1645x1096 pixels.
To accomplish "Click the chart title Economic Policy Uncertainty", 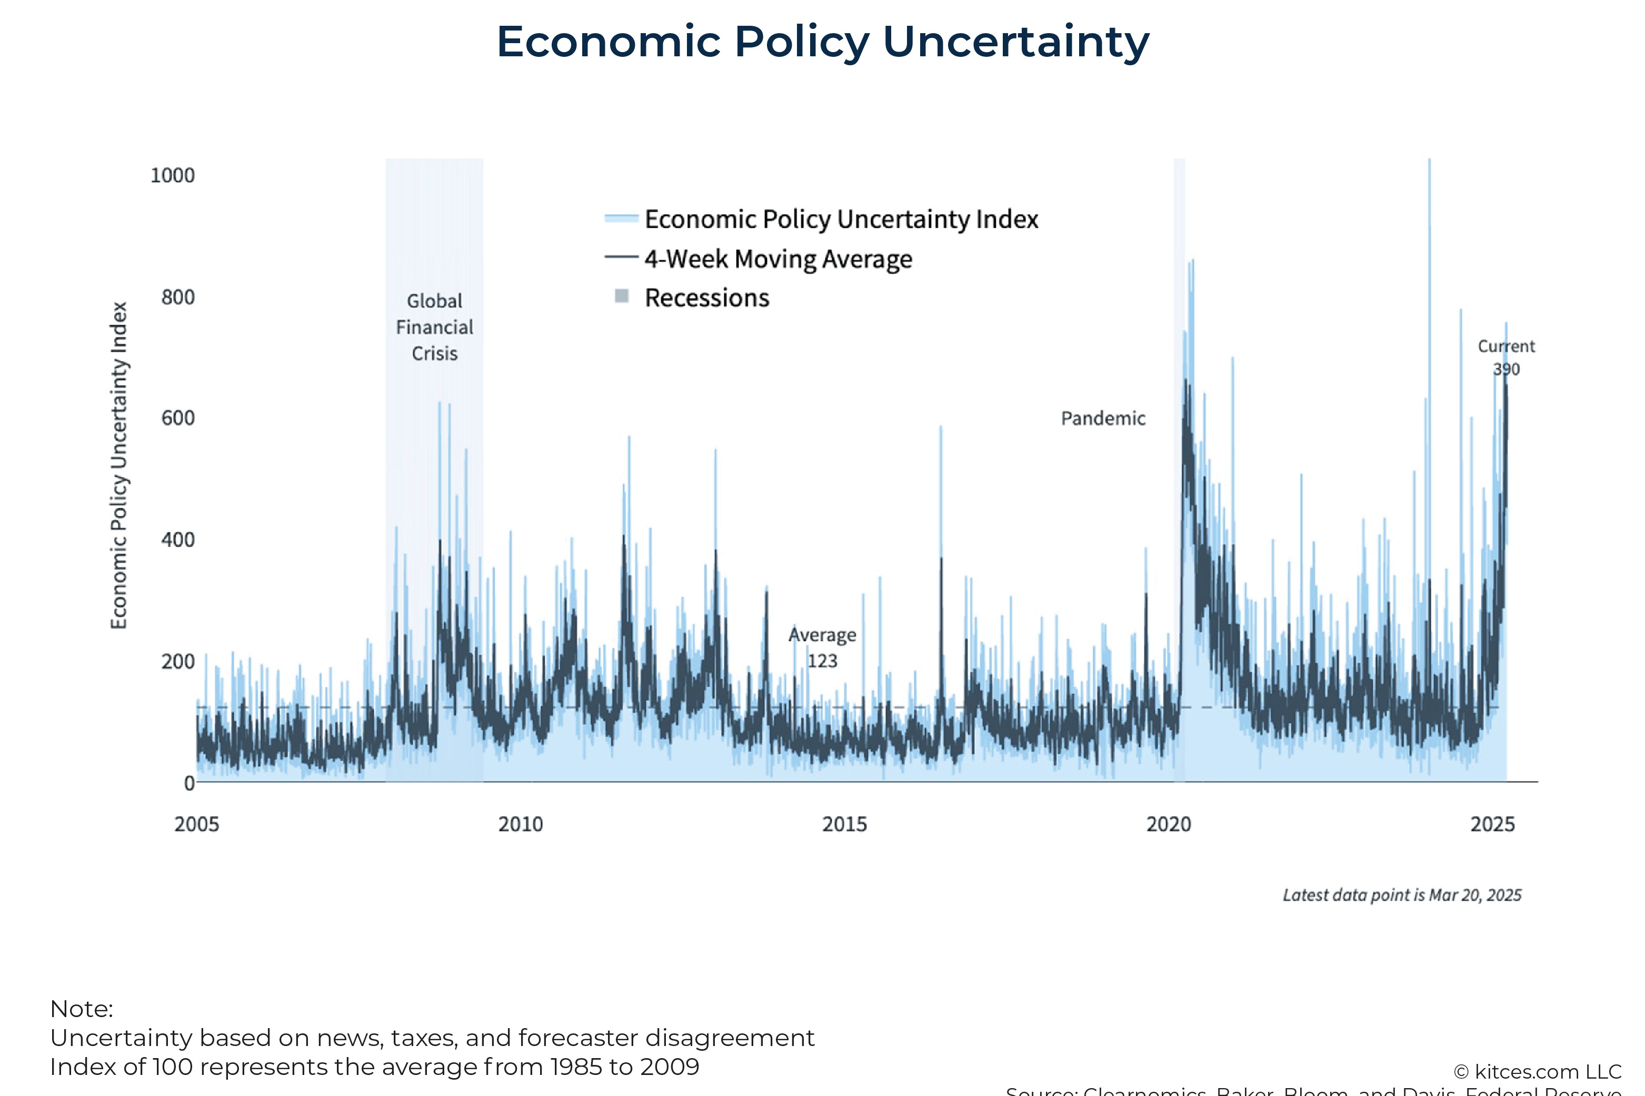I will tap(822, 42).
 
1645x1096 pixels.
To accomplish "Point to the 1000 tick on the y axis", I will tap(172, 175).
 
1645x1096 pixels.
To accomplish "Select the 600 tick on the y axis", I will tap(177, 418).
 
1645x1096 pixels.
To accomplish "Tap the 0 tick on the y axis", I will tap(189, 783).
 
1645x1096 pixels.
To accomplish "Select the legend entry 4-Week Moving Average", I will tap(777, 259).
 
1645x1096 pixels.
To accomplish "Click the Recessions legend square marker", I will tap(621, 296).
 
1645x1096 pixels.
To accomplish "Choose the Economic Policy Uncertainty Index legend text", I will tap(841, 219).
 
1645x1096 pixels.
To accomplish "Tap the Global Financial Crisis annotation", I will tap(434, 327).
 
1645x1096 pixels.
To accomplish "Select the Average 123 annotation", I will tap(822, 647).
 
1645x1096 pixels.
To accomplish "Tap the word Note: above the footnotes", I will tap(81, 1009).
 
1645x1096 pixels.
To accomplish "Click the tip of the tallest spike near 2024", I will tap(1429, 161).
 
